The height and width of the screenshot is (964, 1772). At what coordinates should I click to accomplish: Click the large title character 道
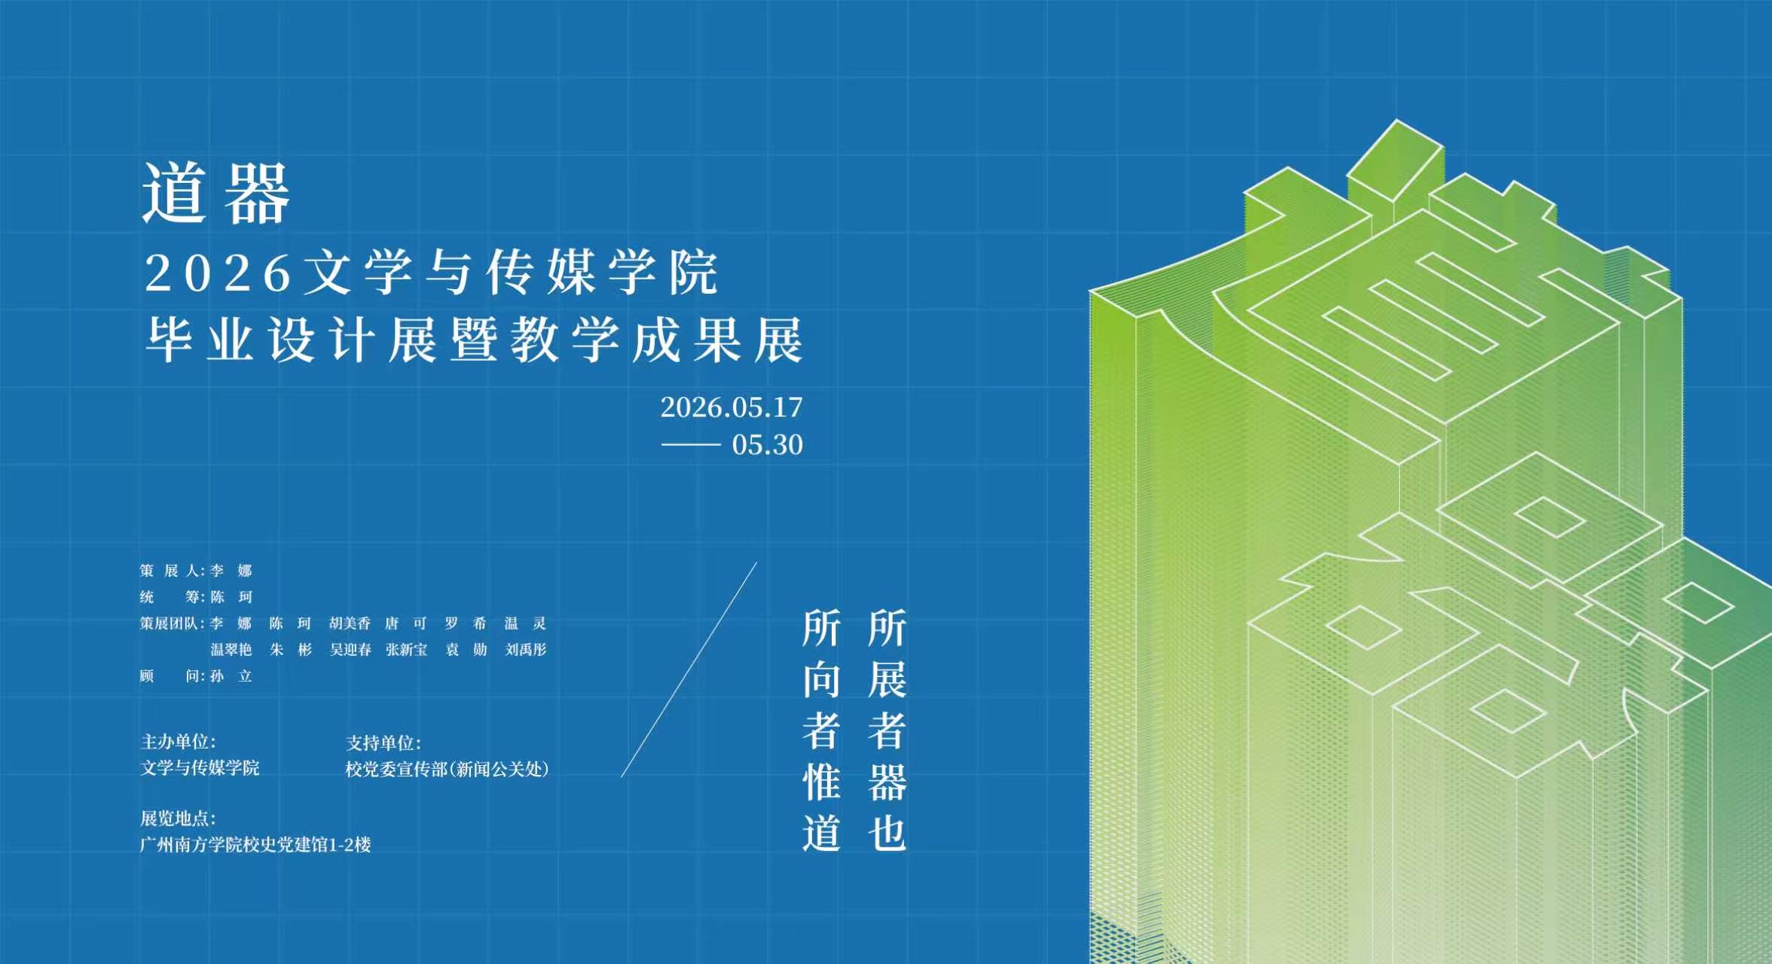pyautogui.click(x=175, y=193)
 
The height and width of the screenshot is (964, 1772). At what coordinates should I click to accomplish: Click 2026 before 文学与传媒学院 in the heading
pyautogui.click(x=218, y=273)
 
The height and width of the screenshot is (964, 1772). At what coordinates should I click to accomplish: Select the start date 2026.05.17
pyautogui.click(x=732, y=407)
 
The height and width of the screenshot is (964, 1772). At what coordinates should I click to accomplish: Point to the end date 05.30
pyautogui.click(x=767, y=444)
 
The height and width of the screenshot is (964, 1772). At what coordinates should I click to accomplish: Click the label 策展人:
pyautogui.click(x=173, y=571)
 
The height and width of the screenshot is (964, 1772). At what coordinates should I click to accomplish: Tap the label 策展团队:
pyautogui.click(x=173, y=624)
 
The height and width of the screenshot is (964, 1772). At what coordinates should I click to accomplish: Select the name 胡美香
pyautogui.click(x=350, y=624)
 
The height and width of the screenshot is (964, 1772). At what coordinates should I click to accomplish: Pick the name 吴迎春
pyautogui.click(x=350, y=650)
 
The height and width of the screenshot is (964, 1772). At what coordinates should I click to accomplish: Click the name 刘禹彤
pyautogui.click(x=526, y=650)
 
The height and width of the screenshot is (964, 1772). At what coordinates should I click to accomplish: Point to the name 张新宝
pyautogui.click(x=407, y=650)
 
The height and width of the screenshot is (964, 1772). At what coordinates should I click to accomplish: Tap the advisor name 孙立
pyautogui.click(x=231, y=676)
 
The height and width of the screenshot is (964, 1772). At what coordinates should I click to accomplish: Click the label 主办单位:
pyautogui.click(x=179, y=742)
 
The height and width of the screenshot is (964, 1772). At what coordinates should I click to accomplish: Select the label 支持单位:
pyautogui.click(x=383, y=743)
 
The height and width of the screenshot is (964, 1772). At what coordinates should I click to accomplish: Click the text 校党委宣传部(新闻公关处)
pyautogui.click(x=448, y=769)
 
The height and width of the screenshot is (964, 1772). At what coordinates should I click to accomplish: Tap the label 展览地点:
pyautogui.click(x=179, y=819)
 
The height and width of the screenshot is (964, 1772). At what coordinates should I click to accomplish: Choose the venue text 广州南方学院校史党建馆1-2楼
pyautogui.click(x=255, y=845)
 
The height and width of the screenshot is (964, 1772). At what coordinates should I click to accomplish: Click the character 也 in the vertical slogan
pyautogui.click(x=887, y=834)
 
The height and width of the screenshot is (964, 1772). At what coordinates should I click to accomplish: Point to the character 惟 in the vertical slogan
pyautogui.click(x=821, y=782)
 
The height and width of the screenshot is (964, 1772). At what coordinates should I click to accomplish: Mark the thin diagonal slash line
pyautogui.click(x=689, y=670)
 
